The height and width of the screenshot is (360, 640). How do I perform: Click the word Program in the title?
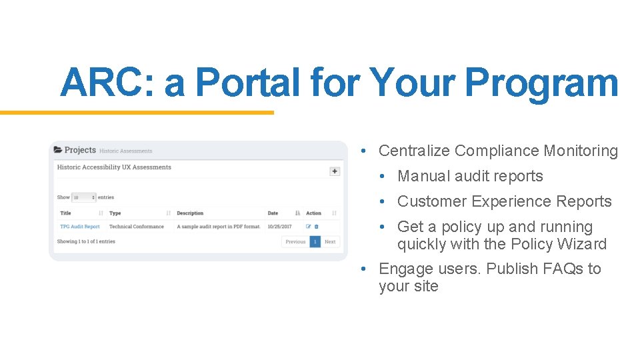click(541, 83)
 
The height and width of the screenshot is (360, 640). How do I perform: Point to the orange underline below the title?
click(137, 113)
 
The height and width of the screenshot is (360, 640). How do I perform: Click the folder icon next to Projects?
click(58, 150)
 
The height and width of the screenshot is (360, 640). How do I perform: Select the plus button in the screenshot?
click(335, 171)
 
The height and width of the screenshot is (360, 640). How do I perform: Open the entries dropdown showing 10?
click(83, 197)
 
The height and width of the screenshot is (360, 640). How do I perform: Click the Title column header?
click(66, 213)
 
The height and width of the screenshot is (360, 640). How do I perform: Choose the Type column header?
click(115, 213)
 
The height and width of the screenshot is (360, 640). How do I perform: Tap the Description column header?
click(190, 213)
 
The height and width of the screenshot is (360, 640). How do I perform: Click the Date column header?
click(273, 213)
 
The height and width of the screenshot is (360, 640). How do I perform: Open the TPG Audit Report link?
click(80, 227)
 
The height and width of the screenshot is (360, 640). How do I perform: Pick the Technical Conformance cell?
click(136, 227)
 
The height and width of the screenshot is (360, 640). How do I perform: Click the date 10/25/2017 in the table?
click(279, 227)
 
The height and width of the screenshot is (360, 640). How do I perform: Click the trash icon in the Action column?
click(316, 227)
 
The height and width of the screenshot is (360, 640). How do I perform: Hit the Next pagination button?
click(330, 242)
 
